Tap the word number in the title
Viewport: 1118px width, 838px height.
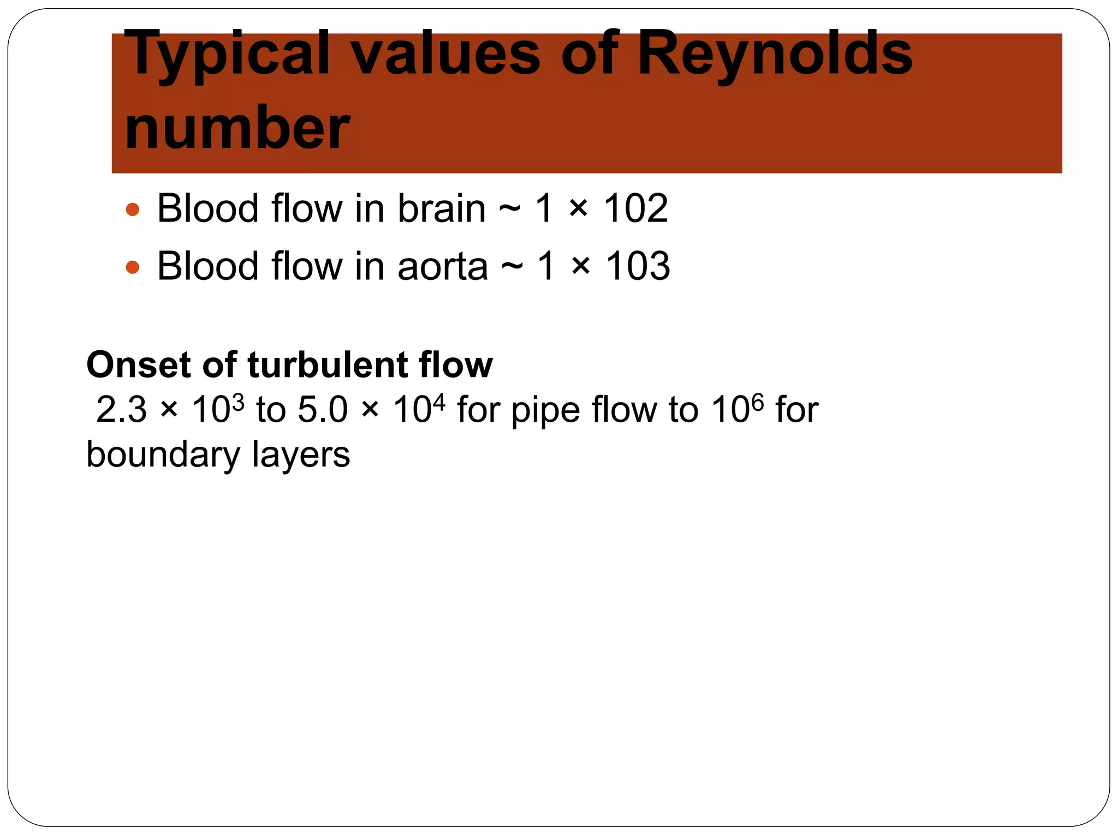click(x=237, y=129)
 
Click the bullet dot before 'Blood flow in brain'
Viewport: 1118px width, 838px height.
click(x=133, y=209)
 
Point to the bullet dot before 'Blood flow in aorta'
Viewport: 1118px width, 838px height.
click(x=133, y=267)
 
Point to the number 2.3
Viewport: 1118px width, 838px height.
click(x=121, y=410)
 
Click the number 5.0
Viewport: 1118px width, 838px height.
click(x=323, y=410)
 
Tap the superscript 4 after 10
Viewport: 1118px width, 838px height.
click(x=439, y=403)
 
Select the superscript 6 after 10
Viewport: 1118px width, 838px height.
click(x=758, y=403)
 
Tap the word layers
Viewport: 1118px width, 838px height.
click(x=301, y=455)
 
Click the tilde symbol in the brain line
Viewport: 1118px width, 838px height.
click(x=509, y=209)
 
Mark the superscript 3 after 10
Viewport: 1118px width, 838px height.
click(x=238, y=403)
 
